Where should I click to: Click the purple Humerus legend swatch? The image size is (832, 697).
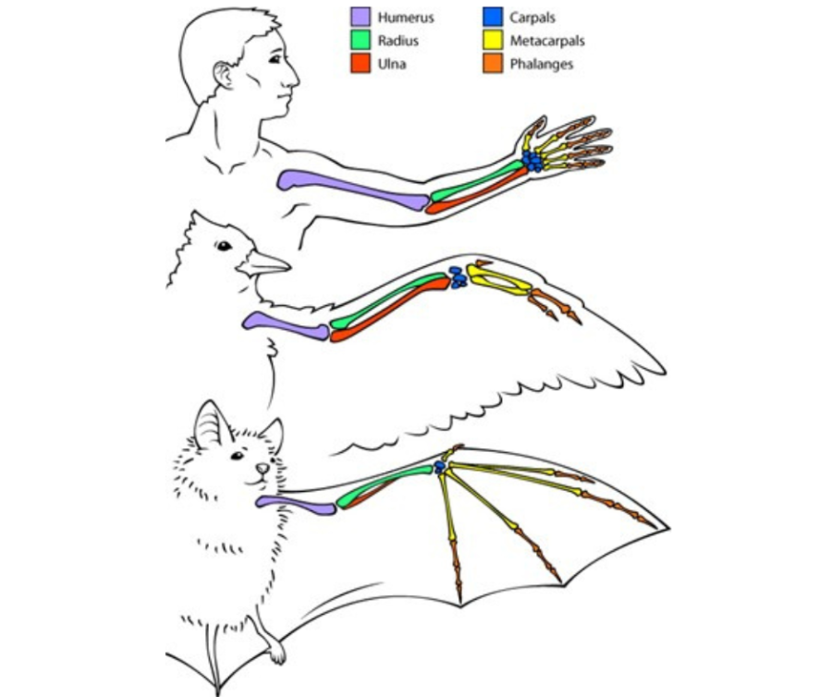coord(360,17)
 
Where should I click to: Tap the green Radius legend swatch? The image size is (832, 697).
coord(360,41)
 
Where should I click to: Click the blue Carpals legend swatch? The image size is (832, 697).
coord(492,17)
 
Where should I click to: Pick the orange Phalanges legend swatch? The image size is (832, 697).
coord(492,65)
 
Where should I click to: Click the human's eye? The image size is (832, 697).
coord(275,59)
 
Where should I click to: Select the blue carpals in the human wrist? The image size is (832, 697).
coord(533,162)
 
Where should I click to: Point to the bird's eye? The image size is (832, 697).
coord(224,245)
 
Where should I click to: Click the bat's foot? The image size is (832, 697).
coord(275,652)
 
